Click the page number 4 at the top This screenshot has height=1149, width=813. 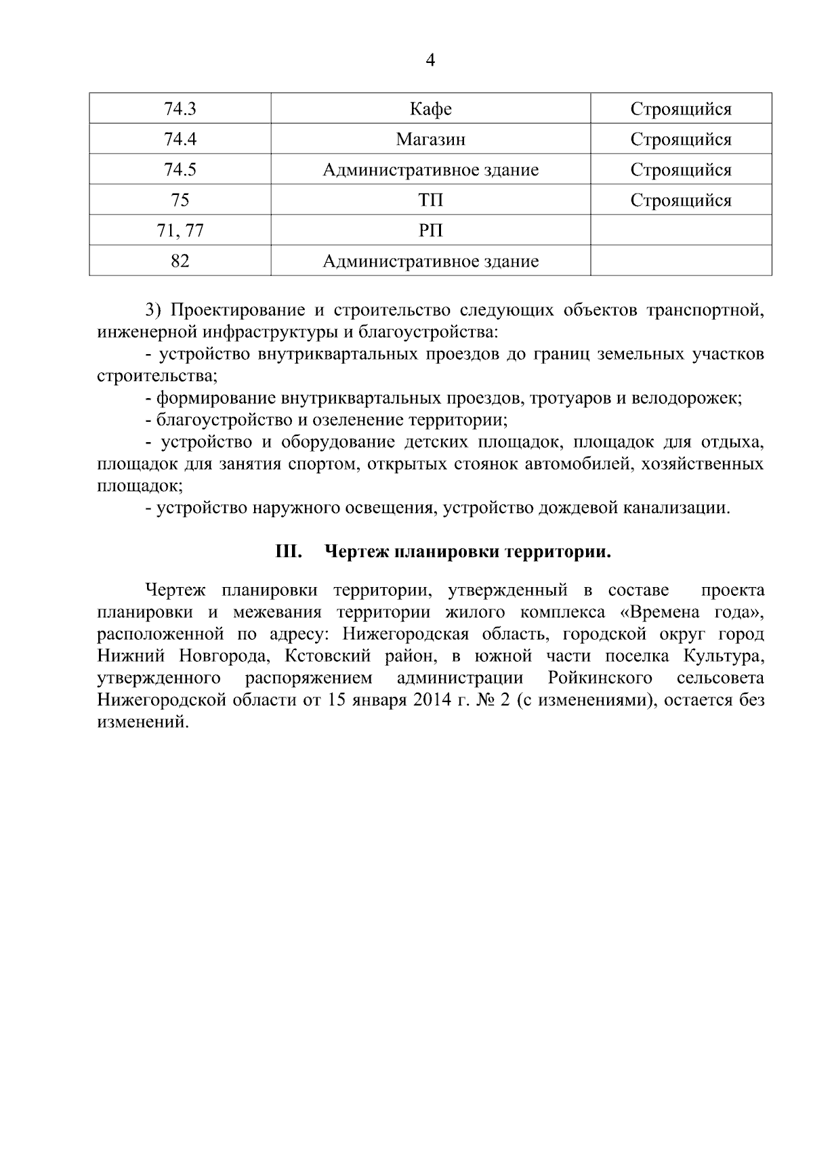(x=430, y=62)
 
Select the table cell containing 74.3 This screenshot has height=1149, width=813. (x=180, y=109)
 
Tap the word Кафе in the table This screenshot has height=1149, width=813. (x=431, y=109)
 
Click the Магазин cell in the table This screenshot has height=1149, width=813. (x=431, y=139)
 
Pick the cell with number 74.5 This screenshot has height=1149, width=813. (x=180, y=170)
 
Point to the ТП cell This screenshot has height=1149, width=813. (x=431, y=200)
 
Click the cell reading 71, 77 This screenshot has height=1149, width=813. (x=180, y=231)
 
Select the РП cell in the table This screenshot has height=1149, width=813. (x=431, y=231)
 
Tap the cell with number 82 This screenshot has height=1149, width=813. (x=180, y=261)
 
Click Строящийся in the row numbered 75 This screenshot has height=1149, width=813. (x=681, y=200)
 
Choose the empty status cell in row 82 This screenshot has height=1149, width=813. (x=681, y=261)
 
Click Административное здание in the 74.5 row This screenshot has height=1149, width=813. (x=431, y=170)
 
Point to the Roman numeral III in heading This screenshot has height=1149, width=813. (x=289, y=552)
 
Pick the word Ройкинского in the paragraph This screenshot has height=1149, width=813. (x=600, y=678)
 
